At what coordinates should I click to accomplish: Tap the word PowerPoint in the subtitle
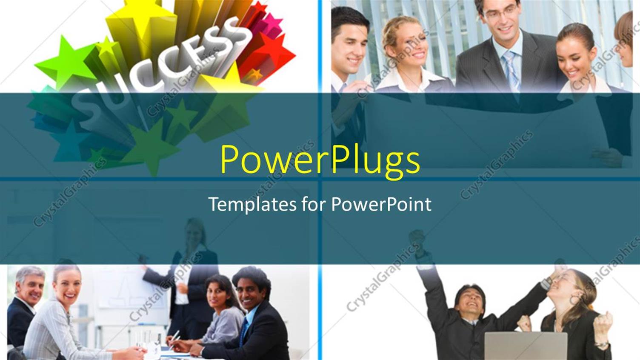click(x=381, y=204)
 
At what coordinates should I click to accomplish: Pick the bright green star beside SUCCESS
click(x=64, y=62)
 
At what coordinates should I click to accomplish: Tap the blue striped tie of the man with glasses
click(x=512, y=70)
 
